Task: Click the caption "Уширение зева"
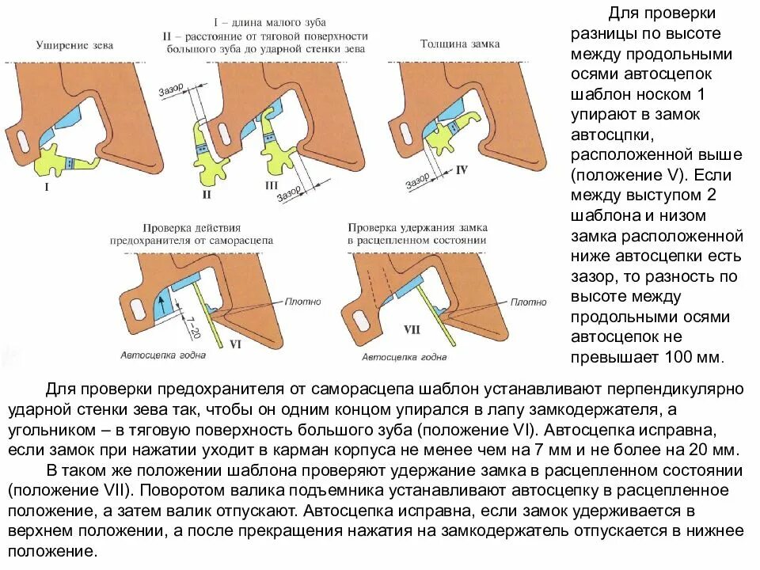pyautogui.click(x=74, y=46)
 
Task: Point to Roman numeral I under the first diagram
pyautogui.click(x=47, y=188)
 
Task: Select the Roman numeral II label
pyautogui.click(x=207, y=194)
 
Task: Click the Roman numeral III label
pyautogui.click(x=270, y=184)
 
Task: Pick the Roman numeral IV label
pyautogui.click(x=462, y=169)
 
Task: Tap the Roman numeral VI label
pyautogui.click(x=235, y=344)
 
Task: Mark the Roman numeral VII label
pyautogui.click(x=412, y=329)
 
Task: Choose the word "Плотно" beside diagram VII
pyautogui.click(x=527, y=302)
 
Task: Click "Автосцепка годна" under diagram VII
pyautogui.click(x=405, y=357)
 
